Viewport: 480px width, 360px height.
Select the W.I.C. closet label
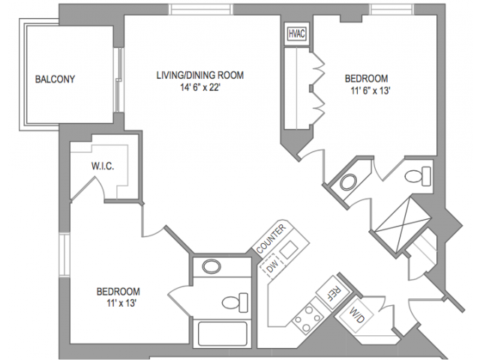pyautogui.click(x=102, y=165)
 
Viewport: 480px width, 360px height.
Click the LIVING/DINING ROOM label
pyautogui.click(x=200, y=75)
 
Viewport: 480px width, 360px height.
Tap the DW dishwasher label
pyautogui.click(x=271, y=266)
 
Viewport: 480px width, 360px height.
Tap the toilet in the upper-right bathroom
pyautogui.click(x=417, y=177)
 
